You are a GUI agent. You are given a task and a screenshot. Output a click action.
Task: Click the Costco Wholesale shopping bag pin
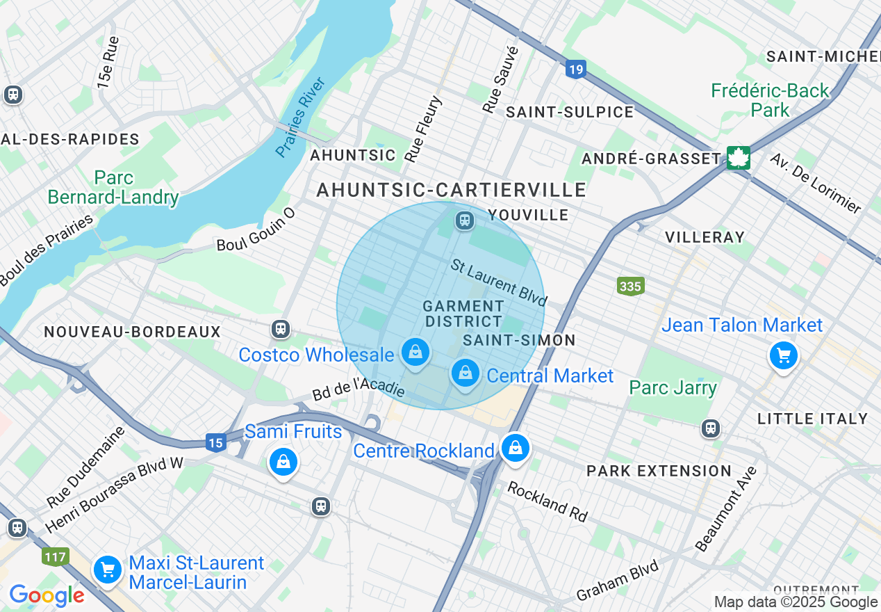(x=415, y=353)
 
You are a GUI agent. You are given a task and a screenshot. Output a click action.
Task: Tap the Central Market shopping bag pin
(x=466, y=373)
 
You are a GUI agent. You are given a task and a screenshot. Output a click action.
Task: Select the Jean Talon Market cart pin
(x=784, y=356)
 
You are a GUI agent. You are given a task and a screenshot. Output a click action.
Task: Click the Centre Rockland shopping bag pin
(x=515, y=449)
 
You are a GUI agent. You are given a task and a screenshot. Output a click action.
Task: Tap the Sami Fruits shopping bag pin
(x=283, y=462)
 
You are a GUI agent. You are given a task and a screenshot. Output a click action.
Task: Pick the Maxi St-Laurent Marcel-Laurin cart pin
(x=107, y=571)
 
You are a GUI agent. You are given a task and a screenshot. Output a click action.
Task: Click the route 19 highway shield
(x=575, y=69)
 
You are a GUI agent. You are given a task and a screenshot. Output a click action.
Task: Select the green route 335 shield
(x=630, y=286)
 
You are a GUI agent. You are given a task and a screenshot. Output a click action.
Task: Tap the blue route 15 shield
(x=216, y=442)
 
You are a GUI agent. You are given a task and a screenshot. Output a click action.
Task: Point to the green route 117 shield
(x=55, y=556)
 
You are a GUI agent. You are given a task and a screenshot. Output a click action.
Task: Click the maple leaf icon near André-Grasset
(x=737, y=158)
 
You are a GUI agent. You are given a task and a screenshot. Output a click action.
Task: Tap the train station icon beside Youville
(x=464, y=221)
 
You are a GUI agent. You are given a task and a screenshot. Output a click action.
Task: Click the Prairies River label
(x=301, y=118)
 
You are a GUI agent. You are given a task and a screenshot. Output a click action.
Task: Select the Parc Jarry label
(x=673, y=387)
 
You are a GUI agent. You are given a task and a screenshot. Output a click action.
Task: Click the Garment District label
(x=463, y=314)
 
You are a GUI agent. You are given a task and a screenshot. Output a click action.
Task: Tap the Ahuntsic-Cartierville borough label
(x=452, y=190)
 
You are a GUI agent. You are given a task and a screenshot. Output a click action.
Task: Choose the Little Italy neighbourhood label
(x=812, y=419)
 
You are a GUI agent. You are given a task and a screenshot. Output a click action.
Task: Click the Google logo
(x=47, y=595)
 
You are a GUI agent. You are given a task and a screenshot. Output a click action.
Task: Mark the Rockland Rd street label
(x=547, y=501)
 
